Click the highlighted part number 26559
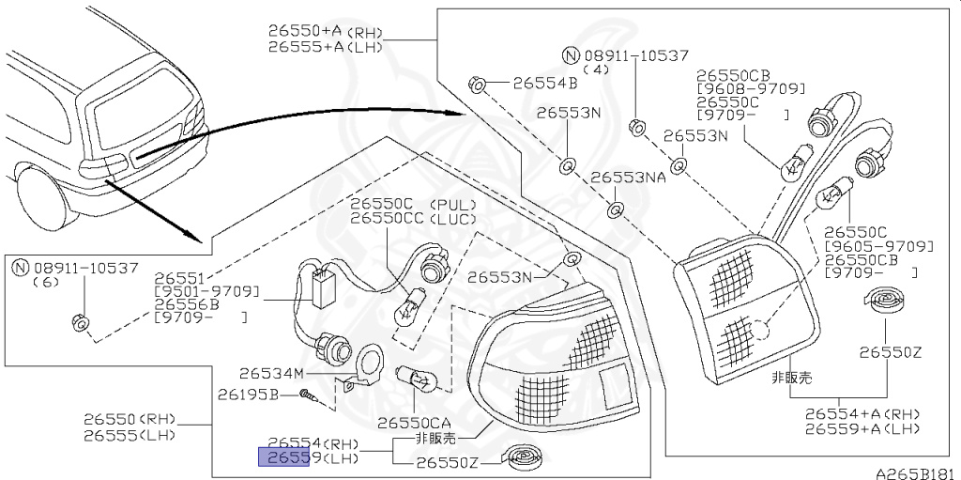tap(283, 457)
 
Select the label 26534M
tap(272, 372)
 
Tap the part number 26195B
tap(249, 394)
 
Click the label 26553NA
tap(628, 177)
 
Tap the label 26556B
tap(187, 304)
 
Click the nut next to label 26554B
tap(477, 84)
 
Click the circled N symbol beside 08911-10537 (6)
tap(21, 268)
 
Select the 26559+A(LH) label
tap(862, 428)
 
